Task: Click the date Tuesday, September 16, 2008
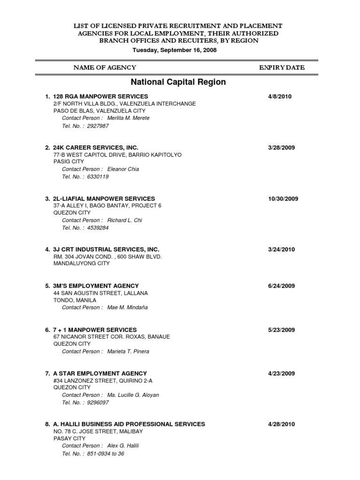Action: coord(174,50)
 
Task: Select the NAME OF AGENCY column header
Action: coord(105,67)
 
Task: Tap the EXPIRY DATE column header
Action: coord(282,67)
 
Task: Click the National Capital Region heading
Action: coord(178,82)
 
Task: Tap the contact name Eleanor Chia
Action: coord(123,169)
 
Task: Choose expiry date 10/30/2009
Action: coord(283,198)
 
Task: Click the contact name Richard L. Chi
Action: coord(124,220)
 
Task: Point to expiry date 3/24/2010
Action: coord(281,249)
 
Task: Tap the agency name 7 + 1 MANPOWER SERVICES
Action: coord(95,330)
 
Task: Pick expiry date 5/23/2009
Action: coord(281,330)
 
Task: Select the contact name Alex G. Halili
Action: coord(123,445)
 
